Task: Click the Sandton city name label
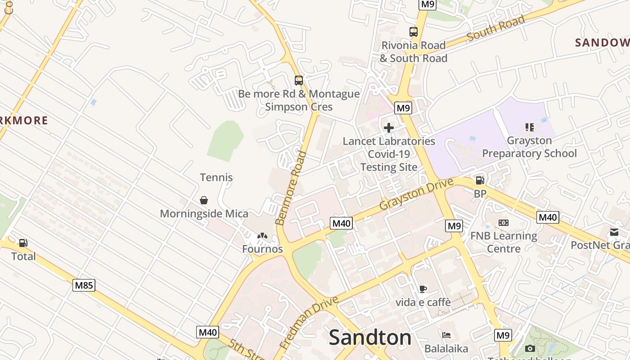pos(370,337)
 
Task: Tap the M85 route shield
pos(84,285)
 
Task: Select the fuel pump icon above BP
pos(480,180)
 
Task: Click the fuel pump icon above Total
pos(23,243)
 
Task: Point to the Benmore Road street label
pos(291,189)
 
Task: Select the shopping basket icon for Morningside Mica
pos(204,200)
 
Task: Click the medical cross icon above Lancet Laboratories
pos(389,128)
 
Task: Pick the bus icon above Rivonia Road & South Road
pos(414,32)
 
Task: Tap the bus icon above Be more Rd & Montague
pos(299,81)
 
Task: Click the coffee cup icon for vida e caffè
pos(423,289)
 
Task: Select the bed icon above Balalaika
pos(446,335)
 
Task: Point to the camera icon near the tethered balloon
pos(530,348)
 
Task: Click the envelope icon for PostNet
pos(614,232)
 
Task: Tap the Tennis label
pos(216,177)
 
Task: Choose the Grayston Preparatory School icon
pos(530,127)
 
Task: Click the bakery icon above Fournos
pos(262,236)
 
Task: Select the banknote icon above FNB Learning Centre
pos(504,223)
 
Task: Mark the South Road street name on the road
pos(496,28)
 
